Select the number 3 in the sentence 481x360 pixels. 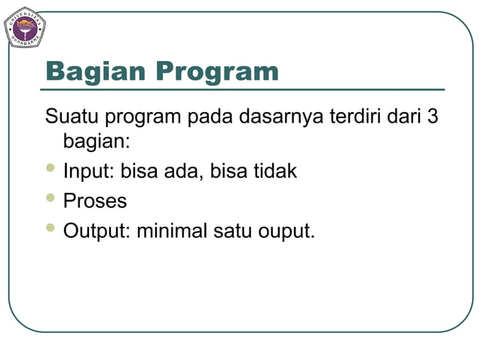[432, 117]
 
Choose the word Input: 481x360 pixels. [88, 171]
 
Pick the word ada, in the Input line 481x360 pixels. [183, 171]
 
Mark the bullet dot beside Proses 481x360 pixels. [51, 198]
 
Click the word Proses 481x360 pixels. [95, 201]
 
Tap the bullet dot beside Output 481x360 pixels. [51, 227]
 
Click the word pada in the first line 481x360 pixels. [211, 118]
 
